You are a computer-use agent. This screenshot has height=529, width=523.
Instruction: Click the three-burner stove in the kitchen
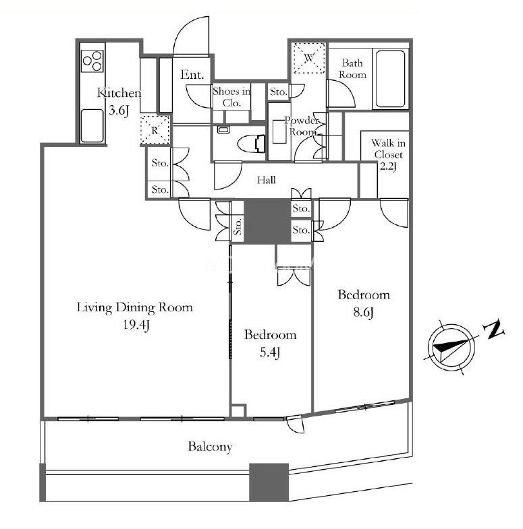point(92,61)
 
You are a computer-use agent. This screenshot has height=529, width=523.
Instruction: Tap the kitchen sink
point(92,125)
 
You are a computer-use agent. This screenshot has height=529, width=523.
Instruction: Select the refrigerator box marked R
point(155,130)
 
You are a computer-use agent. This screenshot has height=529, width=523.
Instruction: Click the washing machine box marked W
point(309,58)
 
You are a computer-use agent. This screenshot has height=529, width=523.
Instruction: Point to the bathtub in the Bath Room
point(390,80)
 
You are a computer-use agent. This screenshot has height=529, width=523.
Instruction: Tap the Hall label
point(267,180)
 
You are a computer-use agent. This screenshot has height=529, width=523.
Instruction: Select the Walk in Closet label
point(388,149)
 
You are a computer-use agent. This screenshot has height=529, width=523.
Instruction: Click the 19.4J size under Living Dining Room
point(136,325)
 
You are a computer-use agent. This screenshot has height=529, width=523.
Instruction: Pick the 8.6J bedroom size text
point(363,313)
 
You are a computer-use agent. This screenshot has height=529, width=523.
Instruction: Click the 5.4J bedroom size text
point(270,352)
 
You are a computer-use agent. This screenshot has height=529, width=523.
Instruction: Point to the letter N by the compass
point(494,330)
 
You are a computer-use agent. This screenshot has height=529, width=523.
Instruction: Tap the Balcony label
point(210,447)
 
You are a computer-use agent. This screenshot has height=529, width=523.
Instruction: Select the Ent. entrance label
point(192,75)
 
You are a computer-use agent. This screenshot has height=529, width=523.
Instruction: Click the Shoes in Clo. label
point(231,97)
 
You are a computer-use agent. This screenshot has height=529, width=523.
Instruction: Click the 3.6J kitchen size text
point(119,111)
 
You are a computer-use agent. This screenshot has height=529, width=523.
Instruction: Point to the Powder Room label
point(302,126)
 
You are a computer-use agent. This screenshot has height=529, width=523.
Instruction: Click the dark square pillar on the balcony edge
point(269,482)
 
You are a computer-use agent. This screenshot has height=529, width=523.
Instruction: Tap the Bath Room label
point(352,69)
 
